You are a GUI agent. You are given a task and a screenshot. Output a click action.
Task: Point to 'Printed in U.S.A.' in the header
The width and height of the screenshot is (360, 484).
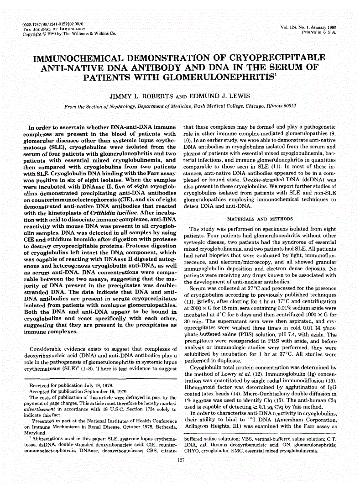coord(318,33)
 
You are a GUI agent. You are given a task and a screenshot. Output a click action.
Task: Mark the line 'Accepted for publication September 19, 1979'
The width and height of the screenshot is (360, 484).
coord(78,391)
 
